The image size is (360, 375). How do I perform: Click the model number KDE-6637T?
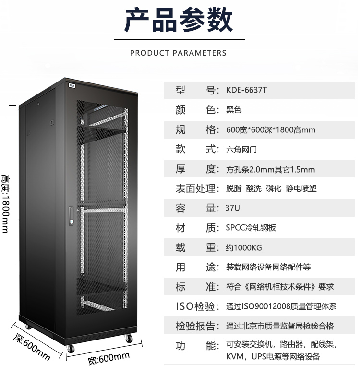246,90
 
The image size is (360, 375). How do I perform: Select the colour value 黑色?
234,110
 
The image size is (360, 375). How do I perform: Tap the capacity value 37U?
232,208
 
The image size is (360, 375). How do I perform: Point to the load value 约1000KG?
244,247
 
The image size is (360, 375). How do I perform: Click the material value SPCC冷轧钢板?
251,228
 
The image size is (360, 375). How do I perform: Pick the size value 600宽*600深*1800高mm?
271,130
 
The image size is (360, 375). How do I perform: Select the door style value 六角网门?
241,150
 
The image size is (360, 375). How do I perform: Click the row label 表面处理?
195,188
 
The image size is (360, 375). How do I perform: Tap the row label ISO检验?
195,306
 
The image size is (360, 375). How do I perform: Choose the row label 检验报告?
195,326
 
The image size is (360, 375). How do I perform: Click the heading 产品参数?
179,20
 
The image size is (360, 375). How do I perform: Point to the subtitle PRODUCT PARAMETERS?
178,53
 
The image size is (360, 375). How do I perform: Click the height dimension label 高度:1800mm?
5,203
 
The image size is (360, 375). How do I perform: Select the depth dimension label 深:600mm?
31,347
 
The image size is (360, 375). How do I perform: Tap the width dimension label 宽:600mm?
109,359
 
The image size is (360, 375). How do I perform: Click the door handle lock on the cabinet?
72,216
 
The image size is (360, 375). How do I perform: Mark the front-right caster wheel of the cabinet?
129,339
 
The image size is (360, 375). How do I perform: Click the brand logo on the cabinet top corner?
72,86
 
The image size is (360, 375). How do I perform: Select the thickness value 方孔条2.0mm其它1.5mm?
270,170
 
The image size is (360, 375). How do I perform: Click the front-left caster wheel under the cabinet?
71,349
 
